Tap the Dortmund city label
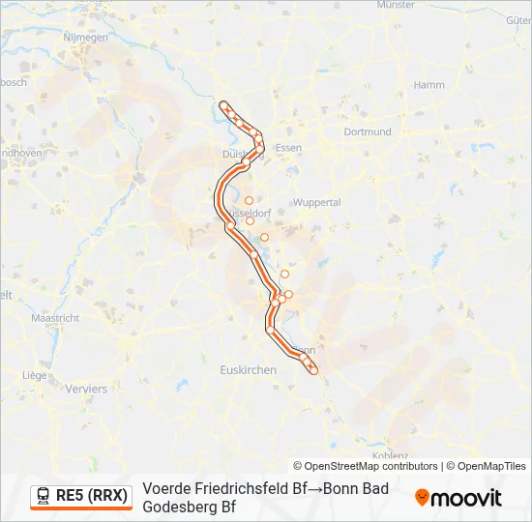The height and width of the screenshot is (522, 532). [367, 131]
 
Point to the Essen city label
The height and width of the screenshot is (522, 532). [288, 148]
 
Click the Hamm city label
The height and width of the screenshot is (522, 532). [429, 85]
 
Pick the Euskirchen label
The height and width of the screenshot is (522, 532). [249, 370]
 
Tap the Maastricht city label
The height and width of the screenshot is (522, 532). [55, 318]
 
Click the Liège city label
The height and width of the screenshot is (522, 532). [35, 374]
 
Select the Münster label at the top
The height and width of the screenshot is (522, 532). [396, 5]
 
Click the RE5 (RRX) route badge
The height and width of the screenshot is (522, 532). [81, 496]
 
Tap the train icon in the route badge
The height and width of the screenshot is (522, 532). [44, 496]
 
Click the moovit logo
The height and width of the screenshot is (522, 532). [458, 498]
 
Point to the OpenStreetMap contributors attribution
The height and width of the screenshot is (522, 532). [365, 466]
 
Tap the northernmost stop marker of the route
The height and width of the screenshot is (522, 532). [223, 104]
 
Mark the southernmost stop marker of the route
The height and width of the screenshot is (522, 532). [313, 370]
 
